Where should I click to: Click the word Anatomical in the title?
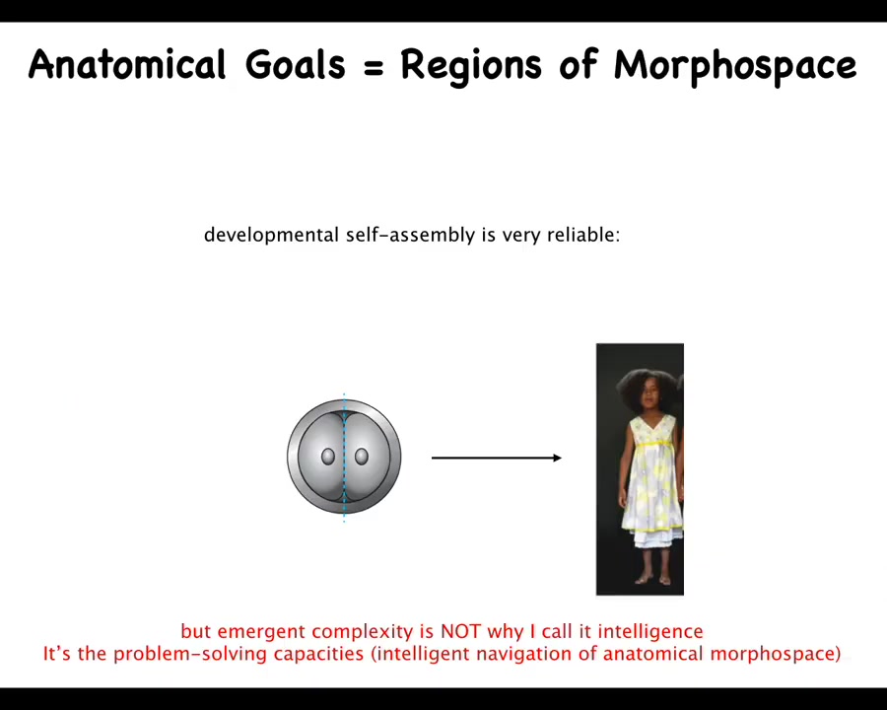[127, 64]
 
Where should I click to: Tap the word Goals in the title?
[295, 64]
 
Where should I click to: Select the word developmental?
[272, 235]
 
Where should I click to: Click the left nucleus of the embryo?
[328, 457]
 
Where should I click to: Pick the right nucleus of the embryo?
[362, 457]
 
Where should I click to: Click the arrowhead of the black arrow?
[557, 458]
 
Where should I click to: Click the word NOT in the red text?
[460, 631]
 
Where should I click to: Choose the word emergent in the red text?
[262, 632]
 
